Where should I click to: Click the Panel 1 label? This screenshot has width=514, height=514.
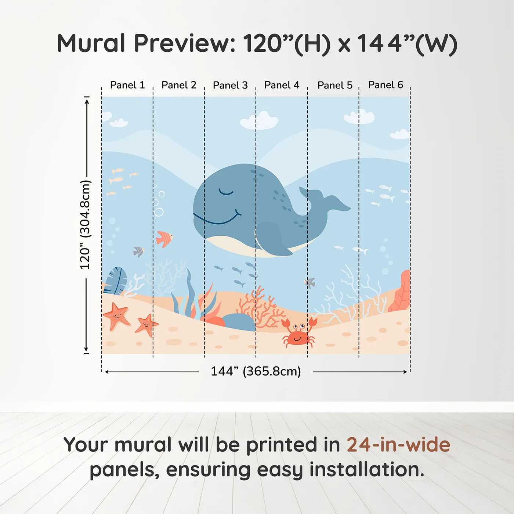click(x=127, y=85)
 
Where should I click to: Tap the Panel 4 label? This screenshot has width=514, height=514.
click(x=282, y=85)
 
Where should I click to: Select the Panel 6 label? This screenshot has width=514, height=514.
click(x=385, y=85)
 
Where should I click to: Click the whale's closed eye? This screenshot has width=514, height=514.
click(x=226, y=192)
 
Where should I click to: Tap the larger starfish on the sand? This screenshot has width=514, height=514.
click(x=117, y=315)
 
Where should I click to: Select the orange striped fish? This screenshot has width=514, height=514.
click(x=164, y=239)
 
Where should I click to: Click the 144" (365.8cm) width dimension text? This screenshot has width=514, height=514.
click(x=256, y=371)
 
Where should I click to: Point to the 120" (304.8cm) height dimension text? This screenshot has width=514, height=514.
click(x=85, y=225)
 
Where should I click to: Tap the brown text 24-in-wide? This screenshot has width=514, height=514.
click(x=398, y=445)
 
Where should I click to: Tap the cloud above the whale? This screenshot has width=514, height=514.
click(x=259, y=121)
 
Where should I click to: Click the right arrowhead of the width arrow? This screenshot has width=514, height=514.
click(x=405, y=372)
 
